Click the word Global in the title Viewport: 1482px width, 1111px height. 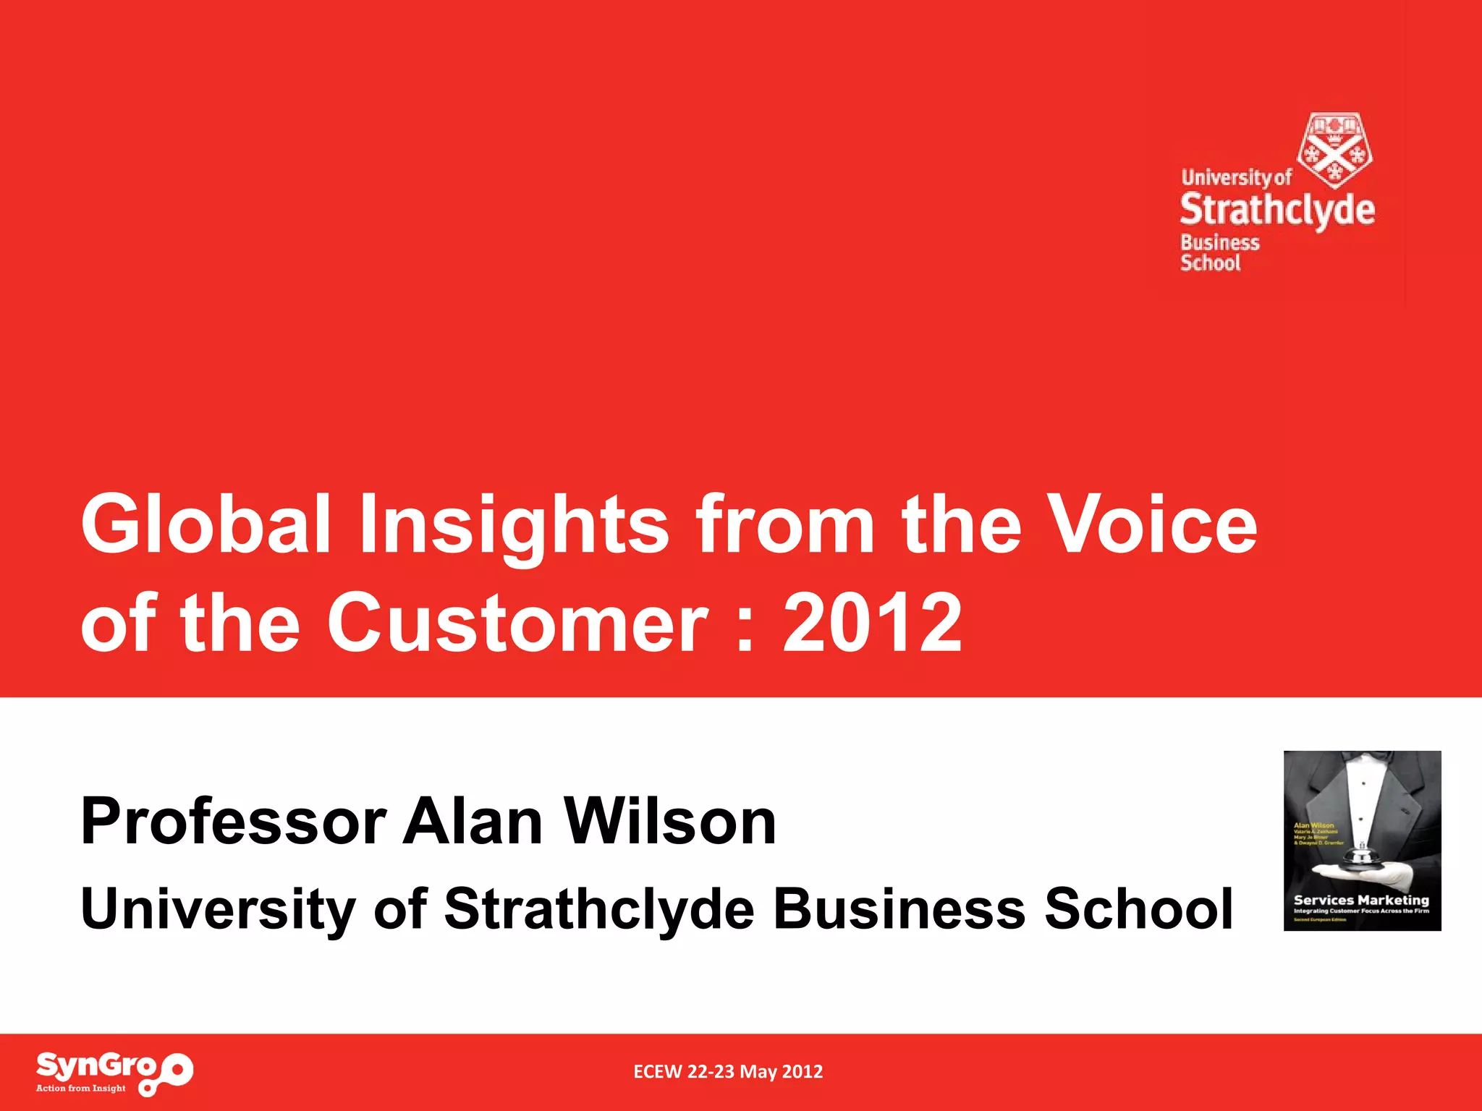click(x=206, y=524)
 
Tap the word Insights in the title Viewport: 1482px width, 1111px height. click(x=514, y=524)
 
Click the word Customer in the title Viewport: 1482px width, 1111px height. click(x=517, y=622)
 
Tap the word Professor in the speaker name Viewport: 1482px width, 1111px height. click(x=233, y=822)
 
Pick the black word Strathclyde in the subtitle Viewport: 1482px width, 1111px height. click(x=599, y=910)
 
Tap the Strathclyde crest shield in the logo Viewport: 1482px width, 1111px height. click(x=1335, y=150)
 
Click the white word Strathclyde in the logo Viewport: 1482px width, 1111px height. click(x=1277, y=210)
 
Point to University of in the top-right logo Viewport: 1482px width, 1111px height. click(x=1236, y=177)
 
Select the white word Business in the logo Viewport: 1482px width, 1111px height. click(x=1220, y=242)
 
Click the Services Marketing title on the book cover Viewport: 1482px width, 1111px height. click(x=1361, y=900)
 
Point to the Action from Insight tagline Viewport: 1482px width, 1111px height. click(x=81, y=1088)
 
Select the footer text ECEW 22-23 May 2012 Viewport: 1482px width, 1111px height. click(x=728, y=1072)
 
